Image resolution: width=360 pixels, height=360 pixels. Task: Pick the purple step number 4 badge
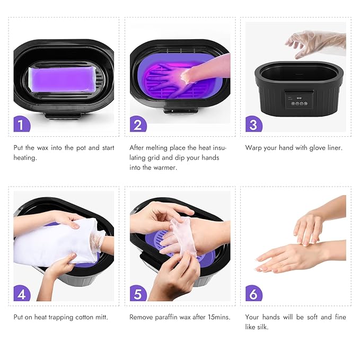(22, 294)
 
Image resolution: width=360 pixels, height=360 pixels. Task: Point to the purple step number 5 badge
(138, 294)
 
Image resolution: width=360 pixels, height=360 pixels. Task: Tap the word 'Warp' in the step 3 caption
(254, 148)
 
